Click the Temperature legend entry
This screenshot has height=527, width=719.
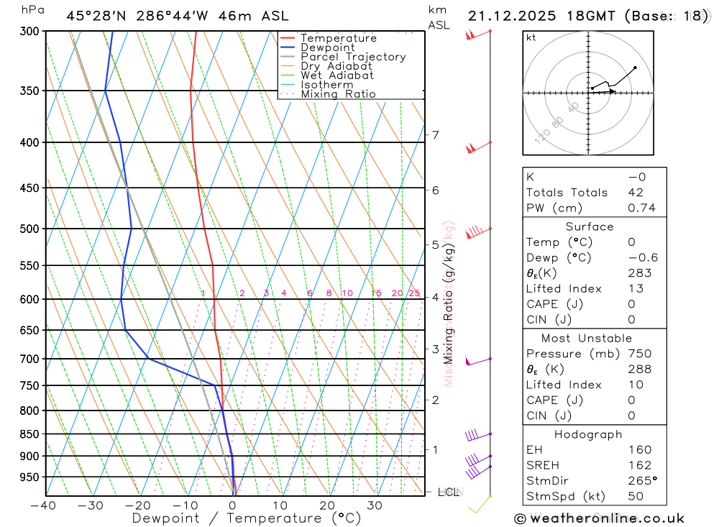[338, 38]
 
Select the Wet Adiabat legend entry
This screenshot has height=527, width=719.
[336, 75]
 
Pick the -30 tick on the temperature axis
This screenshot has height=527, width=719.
[90, 505]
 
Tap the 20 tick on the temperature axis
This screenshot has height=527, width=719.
[327, 505]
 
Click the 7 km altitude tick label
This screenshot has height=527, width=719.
[435, 135]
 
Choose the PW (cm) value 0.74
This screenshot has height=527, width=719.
[641, 208]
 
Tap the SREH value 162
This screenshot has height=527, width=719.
[639, 465]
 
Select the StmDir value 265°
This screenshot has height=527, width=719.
[643, 481]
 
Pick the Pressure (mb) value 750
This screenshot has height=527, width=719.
[639, 354]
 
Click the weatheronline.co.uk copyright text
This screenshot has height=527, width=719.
[599, 518]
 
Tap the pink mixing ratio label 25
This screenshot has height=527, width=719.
[414, 293]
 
